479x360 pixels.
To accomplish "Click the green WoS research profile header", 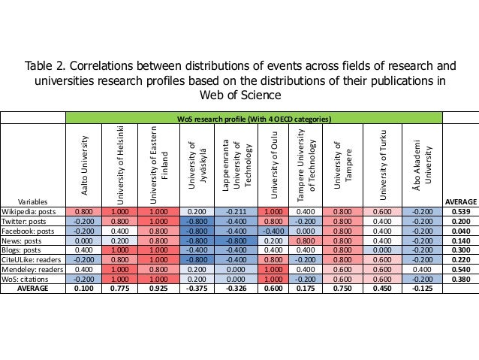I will [x=255, y=119].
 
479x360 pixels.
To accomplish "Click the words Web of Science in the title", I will [x=239, y=95].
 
